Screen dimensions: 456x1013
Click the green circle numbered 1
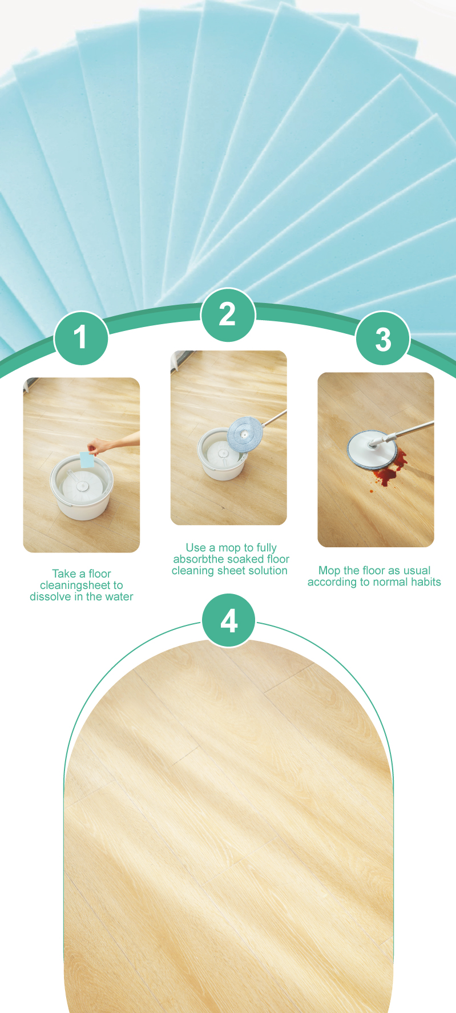coord(81,338)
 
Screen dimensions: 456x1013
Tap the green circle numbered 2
coord(228,314)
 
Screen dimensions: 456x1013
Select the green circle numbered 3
coord(383,338)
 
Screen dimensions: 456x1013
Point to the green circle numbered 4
coord(229,620)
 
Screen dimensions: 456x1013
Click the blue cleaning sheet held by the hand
coord(87,459)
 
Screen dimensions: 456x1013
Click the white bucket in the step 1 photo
coord(81,487)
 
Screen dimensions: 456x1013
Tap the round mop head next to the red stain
coord(372,450)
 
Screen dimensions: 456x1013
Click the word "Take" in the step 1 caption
coord(64,574)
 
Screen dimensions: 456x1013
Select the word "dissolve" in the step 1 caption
coord(51,596)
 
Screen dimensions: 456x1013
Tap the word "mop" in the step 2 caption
coord(229,548)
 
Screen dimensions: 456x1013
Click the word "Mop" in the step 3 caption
coord(329,571)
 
